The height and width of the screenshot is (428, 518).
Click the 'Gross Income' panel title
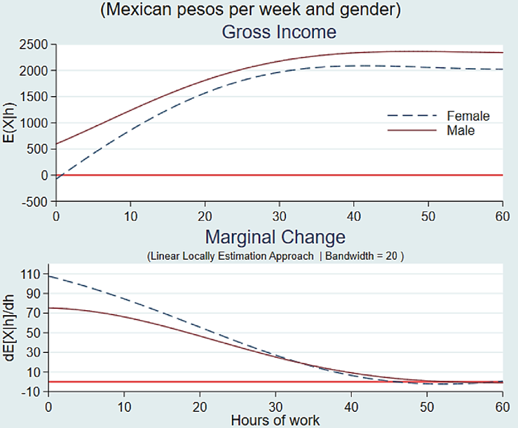tap(279, 32)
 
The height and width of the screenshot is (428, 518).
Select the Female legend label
tap(468, 116)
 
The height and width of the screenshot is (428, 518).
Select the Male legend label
tap(461, 130)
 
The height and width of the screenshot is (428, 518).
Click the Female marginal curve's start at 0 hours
tap(48, 276)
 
